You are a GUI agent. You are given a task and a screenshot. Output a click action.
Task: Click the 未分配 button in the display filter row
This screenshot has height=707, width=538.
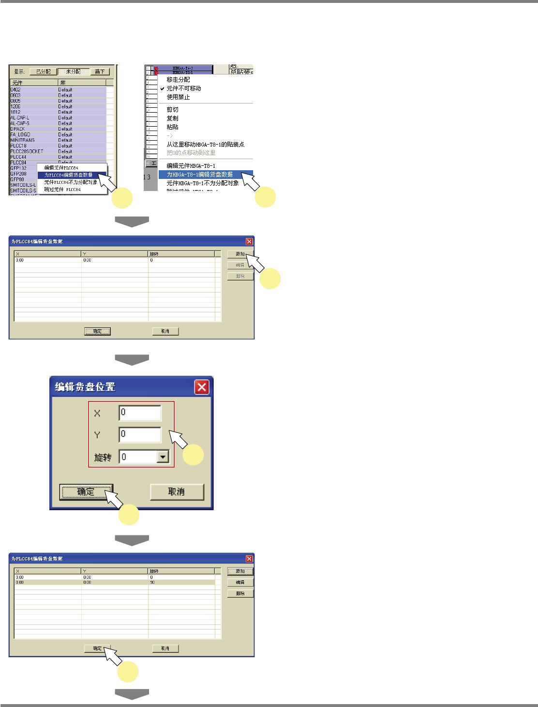tap(74, 72)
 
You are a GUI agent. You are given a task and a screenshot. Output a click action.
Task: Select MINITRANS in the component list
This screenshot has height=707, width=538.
tap(23, 140)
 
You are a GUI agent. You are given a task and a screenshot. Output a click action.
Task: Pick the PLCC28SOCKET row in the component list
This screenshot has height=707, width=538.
tap(27, 151)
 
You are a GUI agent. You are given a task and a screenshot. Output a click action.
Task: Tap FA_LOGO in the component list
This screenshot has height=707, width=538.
tap(20, 134)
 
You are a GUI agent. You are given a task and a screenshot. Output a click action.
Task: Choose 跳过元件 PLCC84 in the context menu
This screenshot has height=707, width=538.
tap(62, 190)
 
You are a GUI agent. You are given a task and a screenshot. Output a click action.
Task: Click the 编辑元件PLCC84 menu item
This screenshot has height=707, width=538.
tap(61, 168)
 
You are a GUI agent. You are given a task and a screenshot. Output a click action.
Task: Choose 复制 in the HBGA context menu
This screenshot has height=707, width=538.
tap(173, 118)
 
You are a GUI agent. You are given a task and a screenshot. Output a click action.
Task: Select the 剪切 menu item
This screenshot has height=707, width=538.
tap(173, 110)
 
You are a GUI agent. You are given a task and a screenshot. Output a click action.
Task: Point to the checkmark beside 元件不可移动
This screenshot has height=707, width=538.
tap(163, 88)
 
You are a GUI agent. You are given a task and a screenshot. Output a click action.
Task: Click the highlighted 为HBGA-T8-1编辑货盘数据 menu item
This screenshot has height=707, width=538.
tap(200, 175)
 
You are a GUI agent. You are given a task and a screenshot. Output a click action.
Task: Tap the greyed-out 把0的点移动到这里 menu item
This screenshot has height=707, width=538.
tap(191, 153)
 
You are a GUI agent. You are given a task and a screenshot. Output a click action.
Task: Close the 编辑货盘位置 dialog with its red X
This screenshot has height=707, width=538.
tap(202, 387)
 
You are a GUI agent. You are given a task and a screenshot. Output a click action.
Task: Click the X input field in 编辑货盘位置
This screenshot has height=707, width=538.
tap(140, 413)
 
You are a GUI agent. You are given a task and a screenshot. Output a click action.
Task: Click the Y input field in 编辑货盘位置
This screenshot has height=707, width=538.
tap(140, 434)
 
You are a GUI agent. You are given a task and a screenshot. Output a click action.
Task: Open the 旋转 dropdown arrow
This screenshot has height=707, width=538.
tap(164, 457)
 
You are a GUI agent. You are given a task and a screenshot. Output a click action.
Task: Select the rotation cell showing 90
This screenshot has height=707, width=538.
tap(152, 582)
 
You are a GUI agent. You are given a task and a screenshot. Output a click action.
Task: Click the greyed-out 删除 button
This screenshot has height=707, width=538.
tap(240, 276)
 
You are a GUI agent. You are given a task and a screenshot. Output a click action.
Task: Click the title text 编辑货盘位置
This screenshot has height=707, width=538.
tap(85, 387)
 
